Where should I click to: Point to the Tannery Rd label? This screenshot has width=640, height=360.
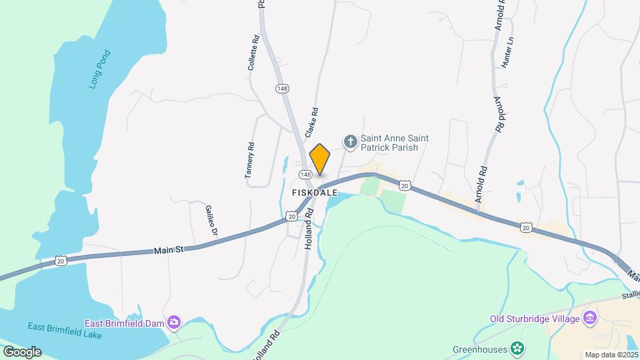tap(250, 161)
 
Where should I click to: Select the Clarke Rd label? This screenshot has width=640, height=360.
tap(311, 123)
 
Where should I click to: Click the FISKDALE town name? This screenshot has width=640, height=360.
tap(315, 193)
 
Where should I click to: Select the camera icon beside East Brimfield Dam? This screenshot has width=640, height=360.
tap(175, 323)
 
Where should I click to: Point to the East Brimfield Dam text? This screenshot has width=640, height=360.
tap(125, 323)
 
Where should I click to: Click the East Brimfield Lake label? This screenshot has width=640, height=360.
tap(65, 330)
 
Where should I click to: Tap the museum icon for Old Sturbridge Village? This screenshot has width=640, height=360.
tap(589, 319)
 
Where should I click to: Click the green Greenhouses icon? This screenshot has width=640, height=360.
tap(517, 348)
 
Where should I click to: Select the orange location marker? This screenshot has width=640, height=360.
tap(320, 159)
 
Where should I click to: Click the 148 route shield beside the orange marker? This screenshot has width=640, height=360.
tap(305, 174)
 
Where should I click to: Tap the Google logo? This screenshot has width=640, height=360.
tap(22, 351)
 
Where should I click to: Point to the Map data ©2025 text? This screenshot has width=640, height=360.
tap(611, 355)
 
